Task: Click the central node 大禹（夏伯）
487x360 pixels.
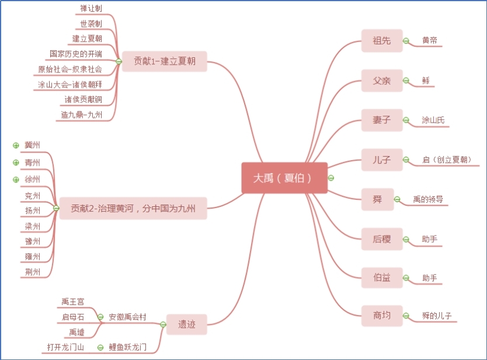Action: [x=284, y=178]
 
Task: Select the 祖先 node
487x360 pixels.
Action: [x=382, y=41]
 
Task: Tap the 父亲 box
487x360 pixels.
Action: [x=382, y=81]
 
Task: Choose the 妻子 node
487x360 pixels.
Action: [x=382, y=120]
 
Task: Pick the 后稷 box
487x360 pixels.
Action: [x=382, y=239]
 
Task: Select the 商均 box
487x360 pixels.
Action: [x=382, y=316]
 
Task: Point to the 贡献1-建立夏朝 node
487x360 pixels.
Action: [x=165, y=61]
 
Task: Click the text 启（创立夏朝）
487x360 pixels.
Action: [x=447, y=160]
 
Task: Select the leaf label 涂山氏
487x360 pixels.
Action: [x=433, y=120]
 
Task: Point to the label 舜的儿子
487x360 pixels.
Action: [x=436, y=316]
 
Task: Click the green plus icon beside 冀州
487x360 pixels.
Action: [x=16, y=145]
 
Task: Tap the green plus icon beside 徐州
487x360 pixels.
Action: [x=16, y=179]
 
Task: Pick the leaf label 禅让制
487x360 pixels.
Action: [x=91, y=8]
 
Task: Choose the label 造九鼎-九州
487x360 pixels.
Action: [x=81, y=115]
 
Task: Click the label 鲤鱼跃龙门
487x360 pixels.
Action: [x=127, y=347]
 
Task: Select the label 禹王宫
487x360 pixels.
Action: [x=73, y=302]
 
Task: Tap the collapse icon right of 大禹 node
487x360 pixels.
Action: [x=331, y=178]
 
